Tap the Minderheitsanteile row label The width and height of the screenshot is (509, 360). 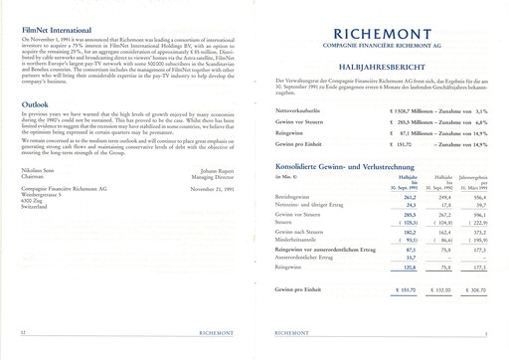point(295,240)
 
